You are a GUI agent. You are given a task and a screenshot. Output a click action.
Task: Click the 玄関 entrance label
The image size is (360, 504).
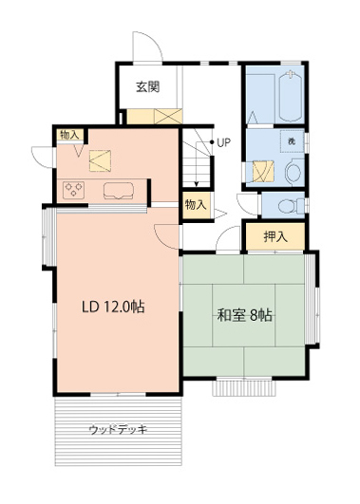tap(148, 86)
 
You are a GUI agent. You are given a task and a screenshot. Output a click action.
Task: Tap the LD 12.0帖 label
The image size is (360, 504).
tap(113, 308)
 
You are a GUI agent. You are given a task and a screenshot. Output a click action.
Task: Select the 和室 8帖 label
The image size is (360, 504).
tap(245, 315)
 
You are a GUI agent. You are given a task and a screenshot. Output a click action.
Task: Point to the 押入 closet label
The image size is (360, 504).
tap(275, 237)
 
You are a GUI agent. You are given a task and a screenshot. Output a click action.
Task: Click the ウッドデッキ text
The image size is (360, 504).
tap(118, 429)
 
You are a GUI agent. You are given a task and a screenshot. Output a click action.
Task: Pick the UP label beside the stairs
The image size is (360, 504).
tap(224, 142)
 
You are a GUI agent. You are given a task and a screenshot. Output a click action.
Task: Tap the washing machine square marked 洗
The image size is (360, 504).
tap(292, 141)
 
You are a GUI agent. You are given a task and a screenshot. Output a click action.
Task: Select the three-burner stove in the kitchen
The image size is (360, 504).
tap(74, 190)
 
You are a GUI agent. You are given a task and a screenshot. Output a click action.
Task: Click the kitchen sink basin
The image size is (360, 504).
tap(119, 190)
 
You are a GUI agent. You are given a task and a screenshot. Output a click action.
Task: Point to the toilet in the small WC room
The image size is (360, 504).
tap(292, 206)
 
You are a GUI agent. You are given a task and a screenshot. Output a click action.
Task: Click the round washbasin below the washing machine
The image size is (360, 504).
tap(294, 172)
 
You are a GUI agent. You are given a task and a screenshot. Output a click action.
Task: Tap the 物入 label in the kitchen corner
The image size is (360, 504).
tap(69, 135)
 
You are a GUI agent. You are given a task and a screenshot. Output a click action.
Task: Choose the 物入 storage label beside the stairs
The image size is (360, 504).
tap(196, 205)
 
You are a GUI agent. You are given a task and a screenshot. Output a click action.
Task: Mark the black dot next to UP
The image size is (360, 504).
tap(212, 142)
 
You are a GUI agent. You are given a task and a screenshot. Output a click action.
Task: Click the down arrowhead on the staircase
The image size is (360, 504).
tap(197, 184)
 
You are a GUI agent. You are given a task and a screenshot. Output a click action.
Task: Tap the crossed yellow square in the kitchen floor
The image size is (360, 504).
tap(100, 160)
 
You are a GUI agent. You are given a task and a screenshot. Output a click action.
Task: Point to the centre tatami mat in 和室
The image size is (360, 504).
tap(243, 315)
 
